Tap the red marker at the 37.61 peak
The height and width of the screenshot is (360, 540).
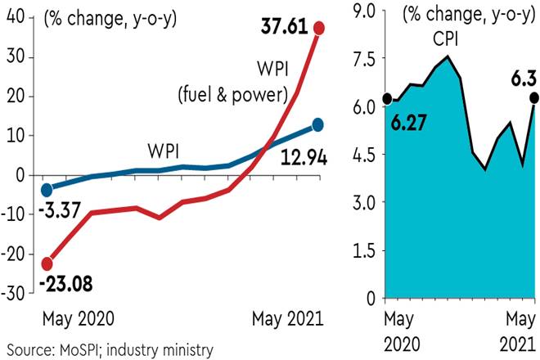tap(319, 29)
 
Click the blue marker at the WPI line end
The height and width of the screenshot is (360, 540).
tap(318, 125)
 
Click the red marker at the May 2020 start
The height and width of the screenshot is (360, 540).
tap(47, 263)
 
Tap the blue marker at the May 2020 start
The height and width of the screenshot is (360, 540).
tap(47, 190)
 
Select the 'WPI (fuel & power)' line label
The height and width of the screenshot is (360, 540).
tap(232, 83)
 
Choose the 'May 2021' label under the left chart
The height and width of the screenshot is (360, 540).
tap(283, 317)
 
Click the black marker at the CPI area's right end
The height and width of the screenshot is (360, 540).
tap(534, 98)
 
